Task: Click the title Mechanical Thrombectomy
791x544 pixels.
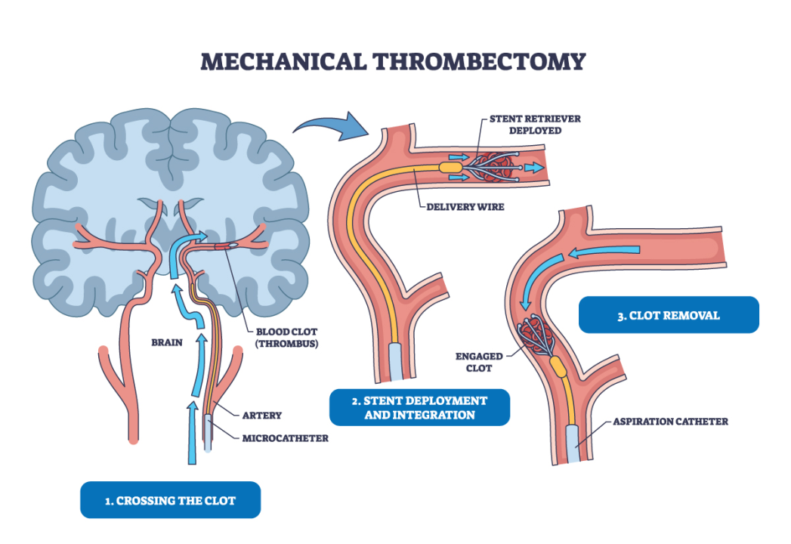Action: pos(393,61)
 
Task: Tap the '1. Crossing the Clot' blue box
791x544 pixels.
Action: pos(170,500)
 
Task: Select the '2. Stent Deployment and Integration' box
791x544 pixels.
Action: pos(419,407)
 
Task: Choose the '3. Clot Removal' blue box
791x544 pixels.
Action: pos(668,315)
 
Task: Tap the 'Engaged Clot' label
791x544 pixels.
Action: pos(474,362)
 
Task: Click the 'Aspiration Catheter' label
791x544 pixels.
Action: pos(670,422)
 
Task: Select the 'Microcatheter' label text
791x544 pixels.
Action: pos(286,438)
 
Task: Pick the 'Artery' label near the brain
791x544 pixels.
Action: pos(262,415)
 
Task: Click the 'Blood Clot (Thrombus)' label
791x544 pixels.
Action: pos(285,336)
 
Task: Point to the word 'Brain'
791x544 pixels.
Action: pos(167,342)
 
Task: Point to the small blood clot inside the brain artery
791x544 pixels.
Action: pos(227,246)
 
